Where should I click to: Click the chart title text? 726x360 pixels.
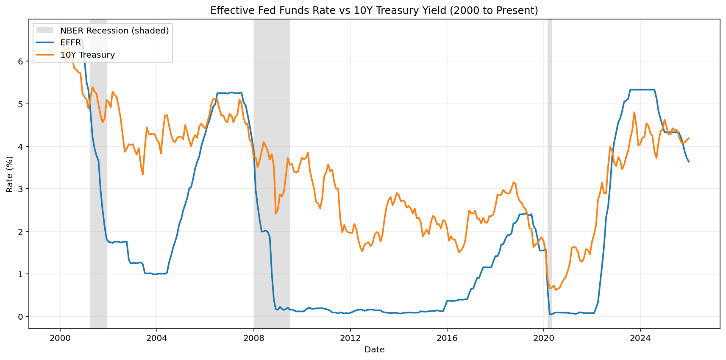[x=374, y=11]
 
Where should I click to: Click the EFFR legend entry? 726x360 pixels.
[x=70, y=43]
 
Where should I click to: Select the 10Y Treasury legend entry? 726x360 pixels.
[x=87, y=55]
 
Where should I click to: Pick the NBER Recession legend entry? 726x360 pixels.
[x=114, y=31]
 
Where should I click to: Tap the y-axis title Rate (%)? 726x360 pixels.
[x=10, y=174]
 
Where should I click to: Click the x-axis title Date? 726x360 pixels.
[x=374, y=350]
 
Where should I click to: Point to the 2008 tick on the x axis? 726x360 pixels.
[x=253, y=338]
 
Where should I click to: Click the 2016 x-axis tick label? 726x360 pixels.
[x=447, y=338]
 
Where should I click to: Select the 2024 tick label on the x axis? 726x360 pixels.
[x=640, y=338]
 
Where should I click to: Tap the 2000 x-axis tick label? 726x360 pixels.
[x=60, y=338]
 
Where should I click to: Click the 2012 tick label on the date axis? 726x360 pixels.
[x=350, y=338]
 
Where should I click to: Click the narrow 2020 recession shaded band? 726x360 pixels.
[x=550, y=170]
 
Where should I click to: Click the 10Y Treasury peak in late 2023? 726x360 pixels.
[x=634, y=112]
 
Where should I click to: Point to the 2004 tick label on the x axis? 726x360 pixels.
[x=156, y=338]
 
